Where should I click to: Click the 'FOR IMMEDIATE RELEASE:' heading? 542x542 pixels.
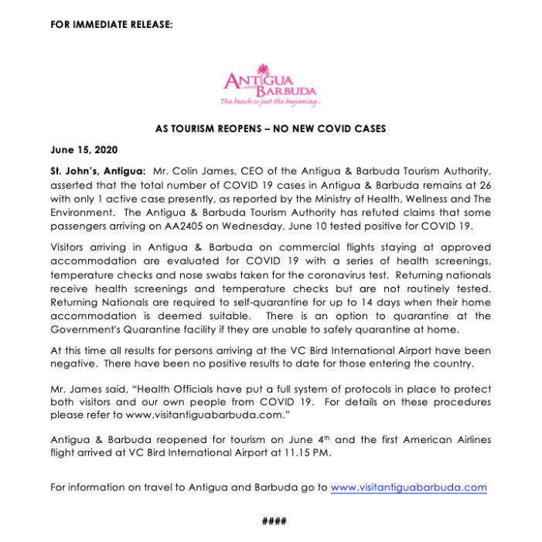[111, 25]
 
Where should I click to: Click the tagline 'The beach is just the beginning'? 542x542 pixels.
[270, 101]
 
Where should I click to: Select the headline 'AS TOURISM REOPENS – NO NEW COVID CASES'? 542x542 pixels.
[271, 128]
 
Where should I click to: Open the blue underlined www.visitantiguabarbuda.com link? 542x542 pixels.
[408, 487]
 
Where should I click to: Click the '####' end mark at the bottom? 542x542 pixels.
[271, 520]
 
